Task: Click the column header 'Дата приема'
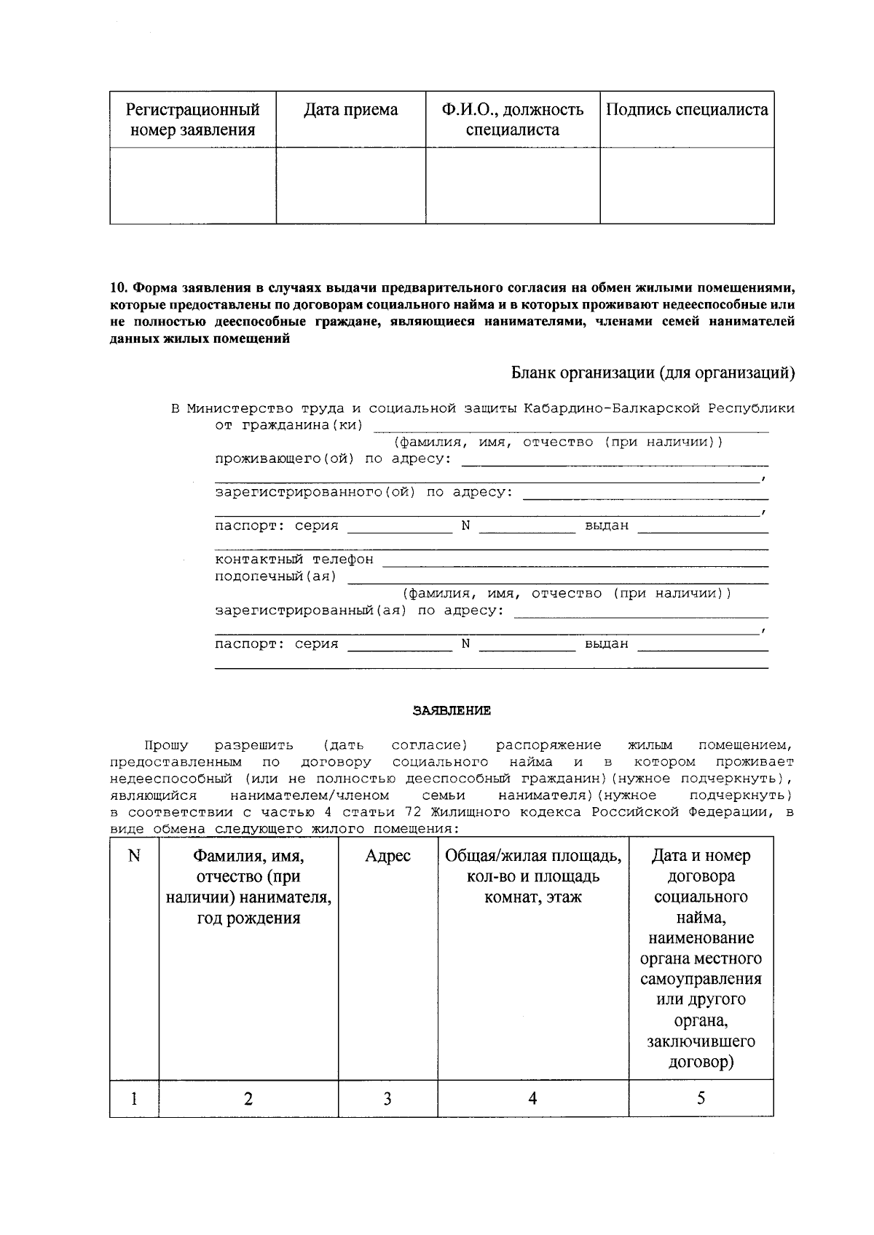click(x=350, y=110)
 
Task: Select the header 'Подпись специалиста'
click(x=687, y=110)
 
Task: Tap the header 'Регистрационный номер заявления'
click(x=193, y=120)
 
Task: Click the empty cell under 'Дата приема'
click(x=350, y=186)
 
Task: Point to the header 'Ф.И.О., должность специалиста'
click(x=512, y=120)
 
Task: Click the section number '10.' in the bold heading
click(x=119, y=286)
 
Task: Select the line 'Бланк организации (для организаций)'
click(x=652, y=373)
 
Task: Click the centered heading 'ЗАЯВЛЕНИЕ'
click(x=452, y=711)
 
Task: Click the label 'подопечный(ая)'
click(x=275, y=576)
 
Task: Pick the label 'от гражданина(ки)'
click(x=288, y=425)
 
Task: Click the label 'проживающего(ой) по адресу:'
click(x=333, y=458)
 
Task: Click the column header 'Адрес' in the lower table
click(x=387, y=857)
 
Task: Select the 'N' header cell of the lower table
click(x=134, y=857)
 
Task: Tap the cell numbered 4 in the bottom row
click(x=532, y=1098)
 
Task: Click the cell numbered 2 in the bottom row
click(x=248, y=1098)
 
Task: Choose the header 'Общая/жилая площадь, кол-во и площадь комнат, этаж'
click(x=533, y=876)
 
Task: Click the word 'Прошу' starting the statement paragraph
click(x=166, y=745)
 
